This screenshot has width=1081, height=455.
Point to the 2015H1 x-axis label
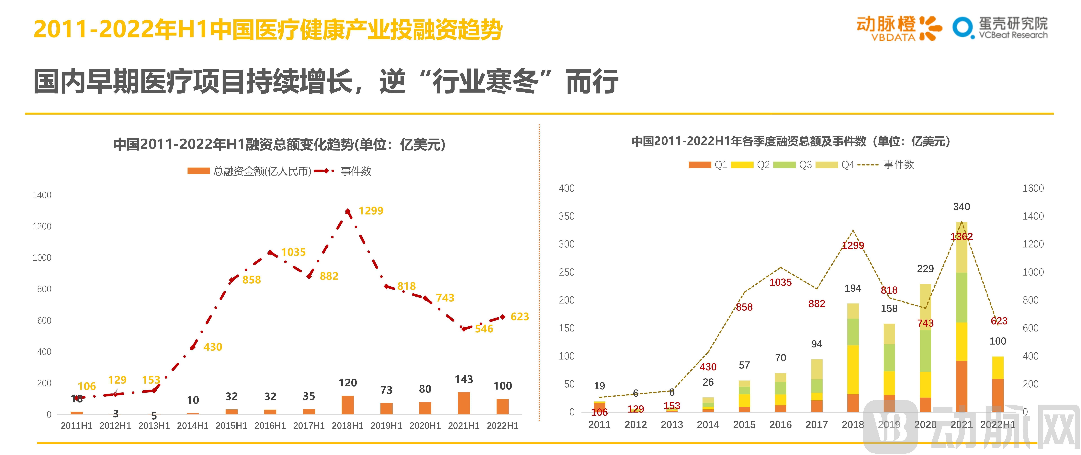pyautogui.click(x=231, y=426)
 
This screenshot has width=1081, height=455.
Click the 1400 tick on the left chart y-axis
pyautogui.click(x=42, y=195)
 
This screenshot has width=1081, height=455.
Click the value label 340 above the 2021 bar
pyautogui.click(x=961, y=207)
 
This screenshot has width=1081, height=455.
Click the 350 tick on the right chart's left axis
pyautogui.click(x=567, y=216)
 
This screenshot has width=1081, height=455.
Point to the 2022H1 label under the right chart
pyautogui.click(x=997, y=425)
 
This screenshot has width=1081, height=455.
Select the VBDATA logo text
pyautogui.click(x=893, y=37)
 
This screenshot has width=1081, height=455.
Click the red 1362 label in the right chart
pyautogui.click(x=961, y=237)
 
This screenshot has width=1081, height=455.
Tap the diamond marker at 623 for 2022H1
pyautogui.click(x=503, y=317)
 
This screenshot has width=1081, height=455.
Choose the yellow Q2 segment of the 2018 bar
pyautogui.click(x=853, y=369)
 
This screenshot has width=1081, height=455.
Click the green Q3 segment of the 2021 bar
pyautogui.click(x=961, y=297)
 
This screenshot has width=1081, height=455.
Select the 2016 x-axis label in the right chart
pyautogui.click(x=780, y=425)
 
